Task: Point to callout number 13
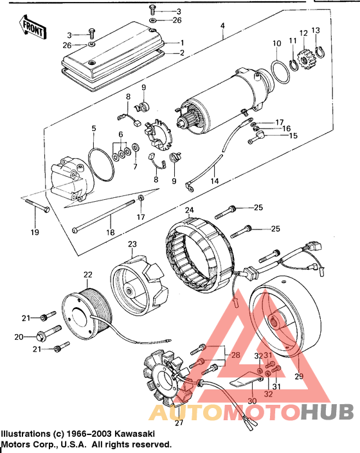[x=315, y=30]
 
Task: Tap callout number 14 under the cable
[x=214, y=182]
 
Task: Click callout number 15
[x=292, y=136]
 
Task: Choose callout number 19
[x=35, y=231]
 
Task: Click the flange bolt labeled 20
[x=46, y=335]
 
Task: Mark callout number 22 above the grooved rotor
[x=88, y=275]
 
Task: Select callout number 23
[x=132, y=244]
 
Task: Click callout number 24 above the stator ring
[x=189, y=210]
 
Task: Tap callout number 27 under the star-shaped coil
[x=179, y=422]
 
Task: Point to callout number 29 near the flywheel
[x=297, y=376]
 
